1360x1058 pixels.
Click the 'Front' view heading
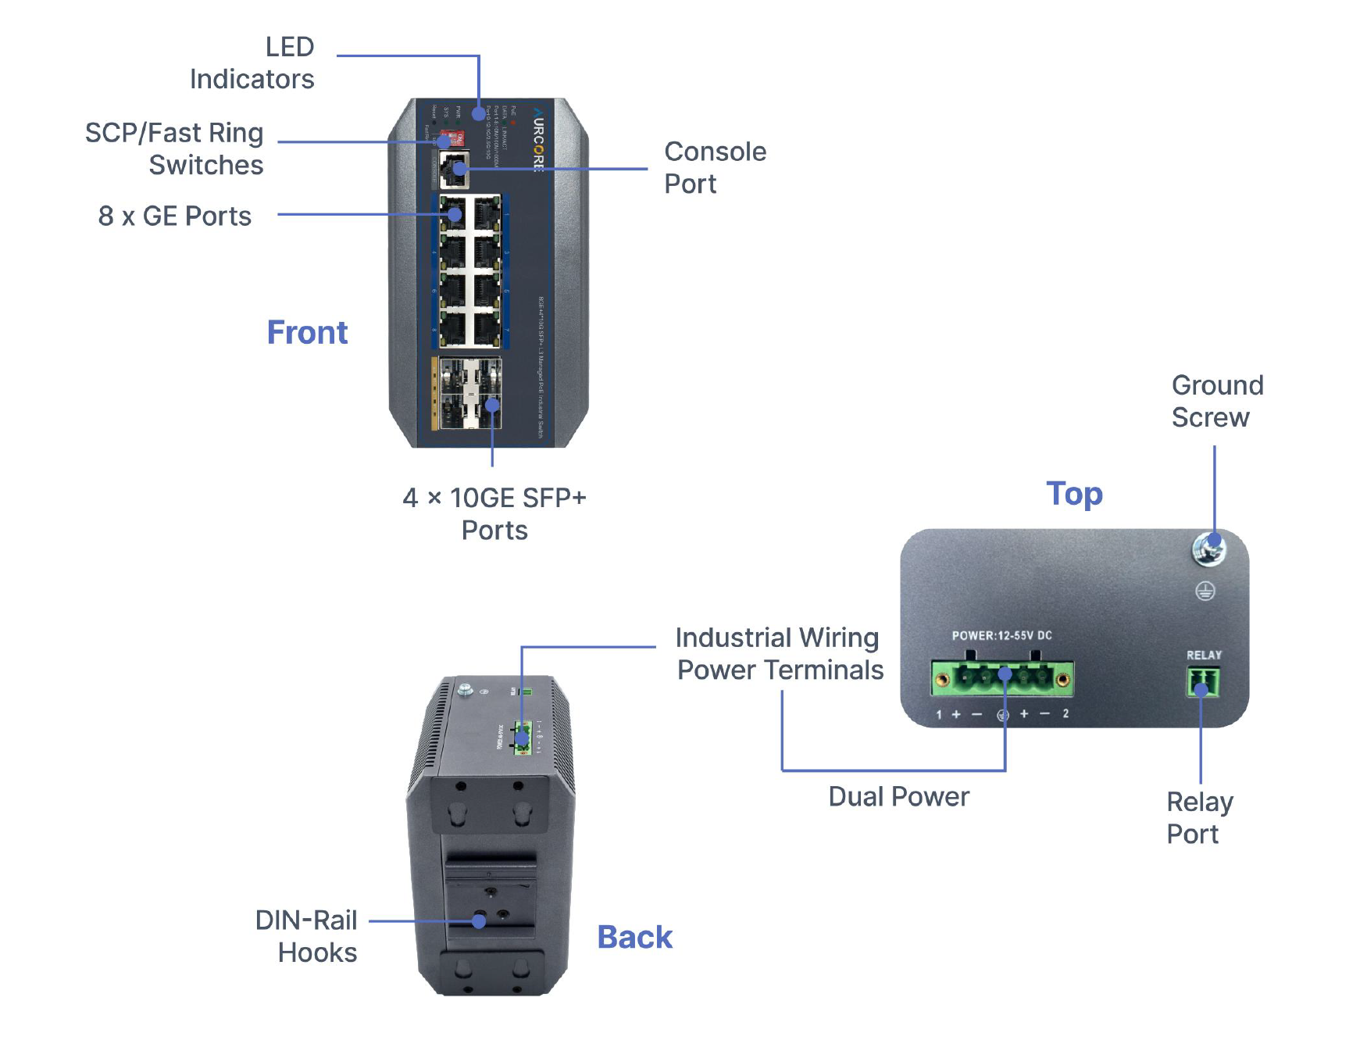[x=307, y=333]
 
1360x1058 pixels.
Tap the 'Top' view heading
[x=1074, y=494]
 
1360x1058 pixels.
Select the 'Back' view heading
[x=634, y=937]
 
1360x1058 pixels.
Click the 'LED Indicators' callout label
[x=252, y=63]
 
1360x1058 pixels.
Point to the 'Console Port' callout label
[x=715, y=167]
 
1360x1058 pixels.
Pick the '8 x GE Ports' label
[x=175, y=216]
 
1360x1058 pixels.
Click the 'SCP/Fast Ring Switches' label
[x=174, y=149]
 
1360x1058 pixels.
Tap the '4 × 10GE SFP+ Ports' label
[x=494, y=514]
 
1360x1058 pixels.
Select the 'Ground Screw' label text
[x=1216, y=402]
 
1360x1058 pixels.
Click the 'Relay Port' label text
[x=1199, y=818]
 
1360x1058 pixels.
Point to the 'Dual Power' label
[x=898, y=797]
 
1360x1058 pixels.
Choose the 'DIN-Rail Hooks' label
[x=306, y=936]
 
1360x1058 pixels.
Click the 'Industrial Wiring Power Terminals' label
[x=779, y=654]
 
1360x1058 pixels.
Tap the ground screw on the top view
[x=1208, y=549]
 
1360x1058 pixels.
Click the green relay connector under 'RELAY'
[x=1203, y=682]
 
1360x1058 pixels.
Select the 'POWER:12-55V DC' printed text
[x=1001, y=636]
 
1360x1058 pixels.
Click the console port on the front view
[x=454, y=170]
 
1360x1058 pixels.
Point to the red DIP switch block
[x=455, y=139]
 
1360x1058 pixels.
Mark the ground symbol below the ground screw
[x=1205, y=592]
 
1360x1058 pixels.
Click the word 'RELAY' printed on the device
[x=1204, y=656]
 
